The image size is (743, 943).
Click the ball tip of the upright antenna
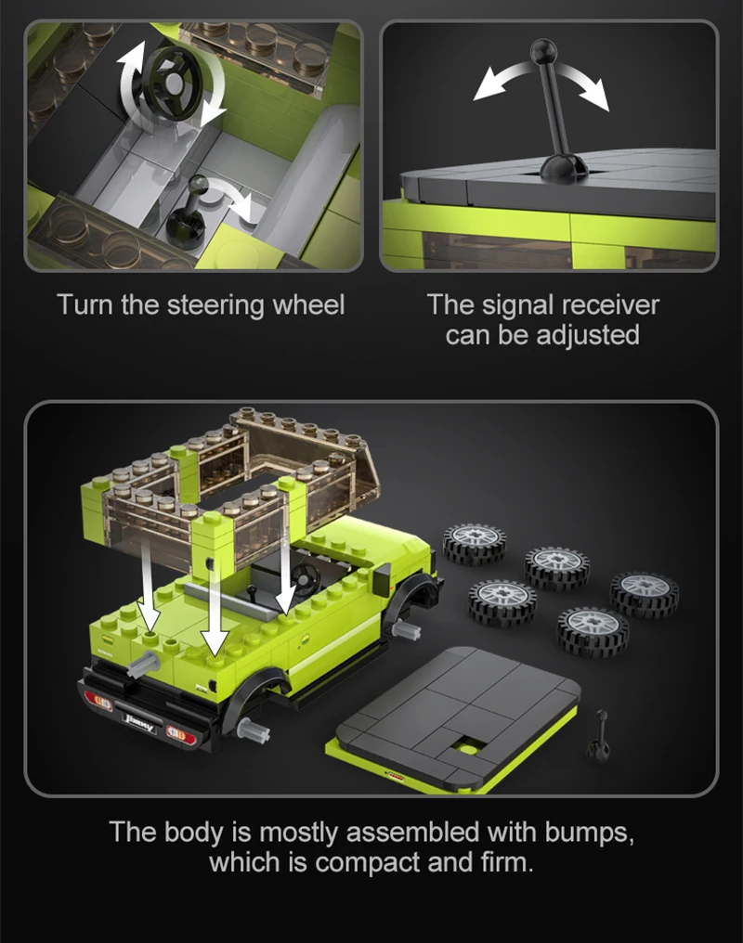(543, 50)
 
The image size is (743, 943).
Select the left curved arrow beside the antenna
(501, 80)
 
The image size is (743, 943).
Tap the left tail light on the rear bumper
(98, 702)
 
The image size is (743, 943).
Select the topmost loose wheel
(475, 543)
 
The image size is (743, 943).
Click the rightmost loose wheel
(645, 594)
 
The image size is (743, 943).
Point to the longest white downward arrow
(215, 608)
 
